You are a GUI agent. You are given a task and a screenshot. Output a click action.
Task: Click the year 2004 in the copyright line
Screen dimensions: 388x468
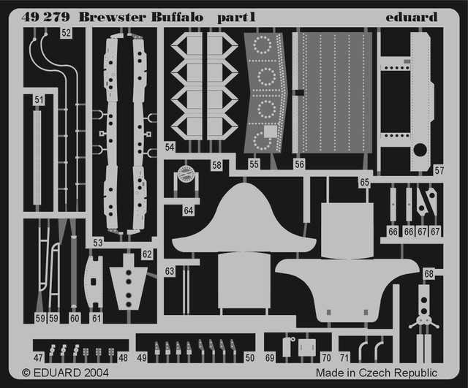click(97, 373)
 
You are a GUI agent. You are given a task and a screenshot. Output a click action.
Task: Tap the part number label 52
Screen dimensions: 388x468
click(67, 33)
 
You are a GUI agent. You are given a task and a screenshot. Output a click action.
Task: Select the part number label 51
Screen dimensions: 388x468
click(39, 100)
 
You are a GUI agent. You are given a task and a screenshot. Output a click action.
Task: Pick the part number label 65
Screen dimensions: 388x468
click(364, 183)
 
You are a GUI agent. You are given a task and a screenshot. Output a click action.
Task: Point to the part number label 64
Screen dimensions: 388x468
click(189, 210)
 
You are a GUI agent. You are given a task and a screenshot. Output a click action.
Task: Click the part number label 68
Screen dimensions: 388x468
click(429, 274)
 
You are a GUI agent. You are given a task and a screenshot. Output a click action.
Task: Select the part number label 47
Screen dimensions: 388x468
click(38, 358)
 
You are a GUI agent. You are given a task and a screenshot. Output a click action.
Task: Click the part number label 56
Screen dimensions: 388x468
click(299, 165)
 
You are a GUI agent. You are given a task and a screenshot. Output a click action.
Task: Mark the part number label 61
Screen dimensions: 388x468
click(97, 319)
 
